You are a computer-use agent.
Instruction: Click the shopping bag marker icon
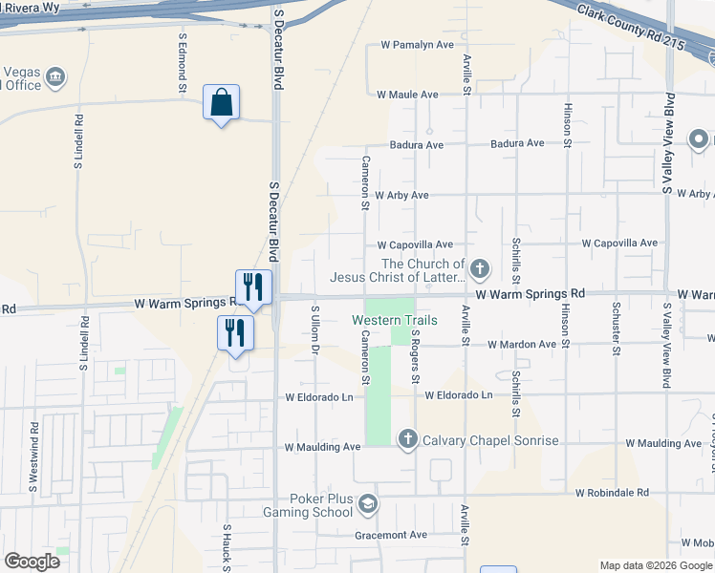(x=221, y=102)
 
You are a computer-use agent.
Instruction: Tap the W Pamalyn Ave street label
(x=416, y=45)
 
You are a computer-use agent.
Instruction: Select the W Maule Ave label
(x=407, y=95)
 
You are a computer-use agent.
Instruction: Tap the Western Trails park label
(x=395, y=320)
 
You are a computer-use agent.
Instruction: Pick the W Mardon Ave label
(x=521, y=344)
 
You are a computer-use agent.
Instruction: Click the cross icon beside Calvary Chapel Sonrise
(x=407, y=439)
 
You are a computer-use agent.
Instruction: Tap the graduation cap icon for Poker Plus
(x=368, y=503)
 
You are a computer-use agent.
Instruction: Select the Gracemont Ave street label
(x=391, y=535)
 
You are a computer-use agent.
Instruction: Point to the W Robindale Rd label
(x=612, y=493)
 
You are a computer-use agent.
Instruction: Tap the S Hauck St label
(x=227, y=546)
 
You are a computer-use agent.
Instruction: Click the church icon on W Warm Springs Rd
(x=480, y=270)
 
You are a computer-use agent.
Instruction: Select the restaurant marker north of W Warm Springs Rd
(x=254, y=286)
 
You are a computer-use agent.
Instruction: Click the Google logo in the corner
(x=32, y=562)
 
